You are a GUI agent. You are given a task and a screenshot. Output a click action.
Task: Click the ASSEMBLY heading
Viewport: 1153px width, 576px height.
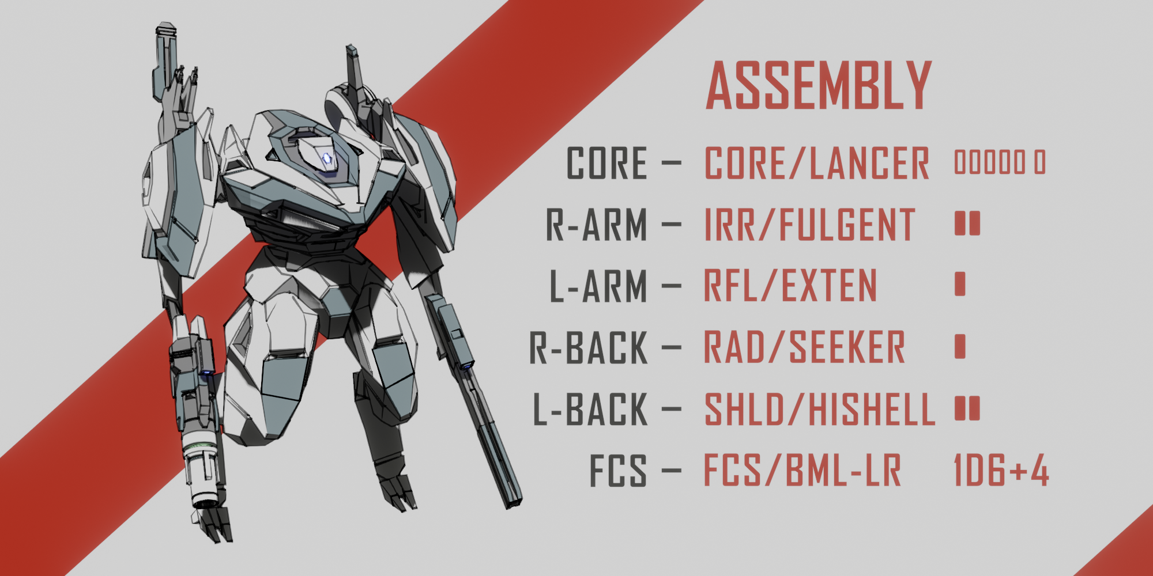(x=819, y=86)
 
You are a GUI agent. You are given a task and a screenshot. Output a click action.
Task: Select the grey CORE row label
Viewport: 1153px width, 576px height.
(x=606, y=163)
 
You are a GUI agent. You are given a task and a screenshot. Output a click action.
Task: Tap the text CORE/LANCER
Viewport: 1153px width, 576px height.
(x=817, y=163)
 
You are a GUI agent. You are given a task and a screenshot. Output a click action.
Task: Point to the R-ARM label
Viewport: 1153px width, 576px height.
(x=597, y=225)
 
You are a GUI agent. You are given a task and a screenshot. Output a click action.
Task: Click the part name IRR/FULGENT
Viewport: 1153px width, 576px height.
(x=809, y=225)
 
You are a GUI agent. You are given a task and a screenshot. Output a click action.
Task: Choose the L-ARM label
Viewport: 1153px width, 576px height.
(x=598, y=286)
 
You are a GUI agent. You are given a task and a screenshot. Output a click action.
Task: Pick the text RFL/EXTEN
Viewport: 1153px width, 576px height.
(x=790, y=286)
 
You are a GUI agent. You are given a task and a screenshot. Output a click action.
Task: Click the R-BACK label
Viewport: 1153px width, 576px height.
(x=589, y=348)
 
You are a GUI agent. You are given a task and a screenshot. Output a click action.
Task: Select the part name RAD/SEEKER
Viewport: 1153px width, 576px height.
(x=804, y=348)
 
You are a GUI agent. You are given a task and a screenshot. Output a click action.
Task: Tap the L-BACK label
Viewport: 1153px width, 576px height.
(x=590, y=410)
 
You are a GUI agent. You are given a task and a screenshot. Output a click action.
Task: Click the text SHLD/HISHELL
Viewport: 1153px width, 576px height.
(x=819, y=410)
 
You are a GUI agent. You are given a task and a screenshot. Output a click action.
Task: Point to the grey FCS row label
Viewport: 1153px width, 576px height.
(x=617, y=471)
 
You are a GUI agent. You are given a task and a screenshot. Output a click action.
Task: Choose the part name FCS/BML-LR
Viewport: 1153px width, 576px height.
(x=802, y=471)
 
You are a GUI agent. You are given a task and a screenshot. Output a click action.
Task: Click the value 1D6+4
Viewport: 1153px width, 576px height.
(x=1001, y=471)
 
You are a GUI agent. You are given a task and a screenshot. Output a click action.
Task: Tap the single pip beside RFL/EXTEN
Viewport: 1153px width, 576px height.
(x=960, y=284)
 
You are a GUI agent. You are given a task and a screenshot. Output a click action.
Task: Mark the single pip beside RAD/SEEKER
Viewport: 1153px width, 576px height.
(x=960, y=346)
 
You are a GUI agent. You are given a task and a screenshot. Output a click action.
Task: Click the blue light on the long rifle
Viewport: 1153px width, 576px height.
(x=465, y=365)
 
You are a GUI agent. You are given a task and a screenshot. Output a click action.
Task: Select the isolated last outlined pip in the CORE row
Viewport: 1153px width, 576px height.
(x=1039, y=162)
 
